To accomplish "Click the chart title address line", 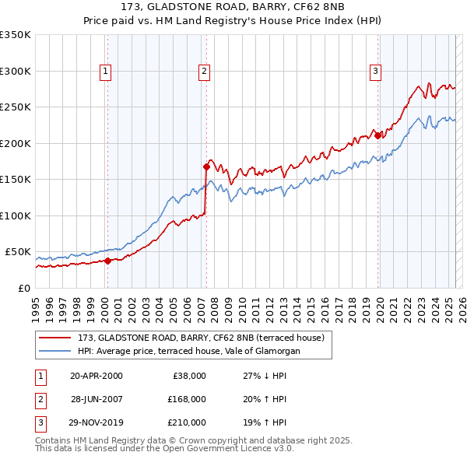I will click(233, 9).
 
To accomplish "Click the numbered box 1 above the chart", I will click(106, 72).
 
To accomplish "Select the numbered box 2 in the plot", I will click(204, 72).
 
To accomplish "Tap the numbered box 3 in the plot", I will click(375, 72).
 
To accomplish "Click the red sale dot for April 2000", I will click(108, 261).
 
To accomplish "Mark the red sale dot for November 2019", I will click(378, 135).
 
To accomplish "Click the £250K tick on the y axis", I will click(16, 107).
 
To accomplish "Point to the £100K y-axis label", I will click(16, 215).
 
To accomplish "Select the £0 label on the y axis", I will click(24, 288).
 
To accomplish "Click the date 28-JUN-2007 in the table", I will click(97, 399).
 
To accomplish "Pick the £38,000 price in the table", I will click(188, 376).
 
